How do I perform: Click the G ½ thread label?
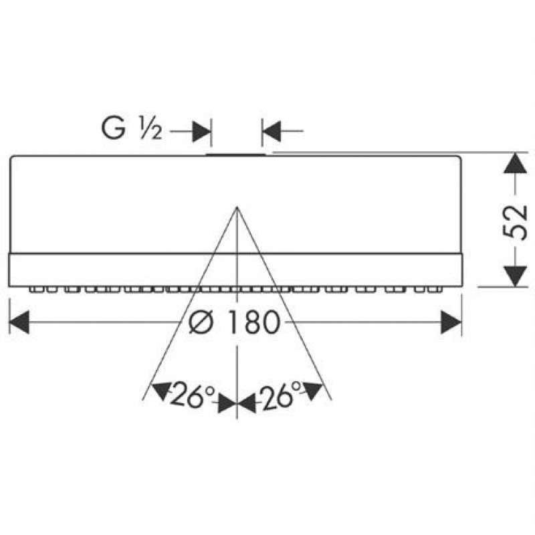tap(131, 128)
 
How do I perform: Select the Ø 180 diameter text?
tap(235, 322)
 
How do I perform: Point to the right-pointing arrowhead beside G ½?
tap(202, 130)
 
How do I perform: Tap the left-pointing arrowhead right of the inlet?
tap(272, 130)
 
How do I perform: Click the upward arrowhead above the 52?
tap(515, 164)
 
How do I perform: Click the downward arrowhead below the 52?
tap(515, 276)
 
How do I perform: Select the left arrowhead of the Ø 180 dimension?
tap(19, 322)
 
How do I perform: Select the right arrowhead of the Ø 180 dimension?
tap(451, 322)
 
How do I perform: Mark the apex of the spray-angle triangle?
tap(237, 207)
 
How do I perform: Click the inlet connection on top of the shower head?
tap(235, 154)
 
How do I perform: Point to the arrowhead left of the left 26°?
tap(161, 391)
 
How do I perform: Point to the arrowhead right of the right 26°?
tap(313, 391)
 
